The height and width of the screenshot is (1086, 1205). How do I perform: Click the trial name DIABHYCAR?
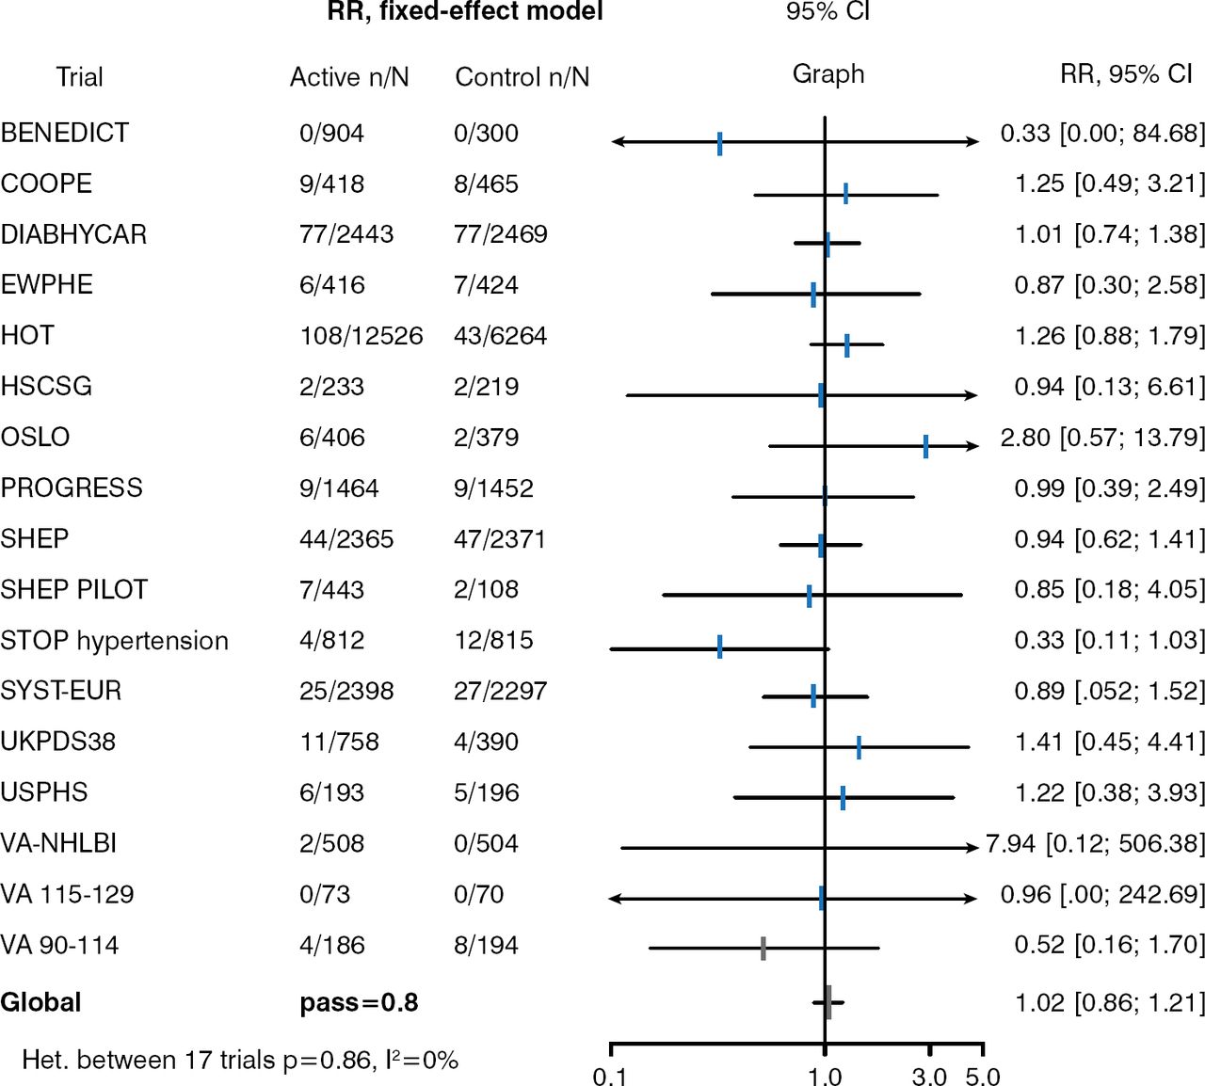tap(73, 234)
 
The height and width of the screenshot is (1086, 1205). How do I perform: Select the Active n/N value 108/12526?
tap(361, 336)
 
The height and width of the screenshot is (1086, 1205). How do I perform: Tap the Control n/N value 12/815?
tap(493, 641)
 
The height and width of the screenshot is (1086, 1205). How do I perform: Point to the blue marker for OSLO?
tap(925, 446)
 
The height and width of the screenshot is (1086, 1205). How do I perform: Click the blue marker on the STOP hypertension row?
tap(719, 647)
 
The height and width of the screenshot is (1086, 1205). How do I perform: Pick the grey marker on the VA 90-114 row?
tap(763, 948)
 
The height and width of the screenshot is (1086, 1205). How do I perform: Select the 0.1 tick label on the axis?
tap(610, 1076)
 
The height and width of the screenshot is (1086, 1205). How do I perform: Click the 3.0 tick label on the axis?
tap(929, 1076)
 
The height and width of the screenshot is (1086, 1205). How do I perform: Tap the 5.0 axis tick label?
tap(983, 1076)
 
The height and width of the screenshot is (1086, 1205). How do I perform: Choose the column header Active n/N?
tap(349, 77)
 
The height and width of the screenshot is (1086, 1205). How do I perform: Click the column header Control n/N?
tap(522, 77)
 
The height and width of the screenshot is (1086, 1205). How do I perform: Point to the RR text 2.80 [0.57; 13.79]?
tap(1102, 438)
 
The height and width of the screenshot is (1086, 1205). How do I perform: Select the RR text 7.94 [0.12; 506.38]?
tap(1095, 844)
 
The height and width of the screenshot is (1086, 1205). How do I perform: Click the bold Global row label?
tap(41, 1002)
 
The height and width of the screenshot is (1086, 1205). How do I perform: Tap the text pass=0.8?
tap(359, 1002)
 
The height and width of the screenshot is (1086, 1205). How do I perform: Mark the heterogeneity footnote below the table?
tap(240, 1061)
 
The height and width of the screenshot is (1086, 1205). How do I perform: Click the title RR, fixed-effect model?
tap(465, 12)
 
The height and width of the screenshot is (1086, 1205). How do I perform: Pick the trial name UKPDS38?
tap(58, 743)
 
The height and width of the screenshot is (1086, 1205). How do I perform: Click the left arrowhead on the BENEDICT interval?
tap(617, 142)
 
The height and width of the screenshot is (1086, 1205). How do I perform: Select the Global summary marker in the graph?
tap(827, 1002)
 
